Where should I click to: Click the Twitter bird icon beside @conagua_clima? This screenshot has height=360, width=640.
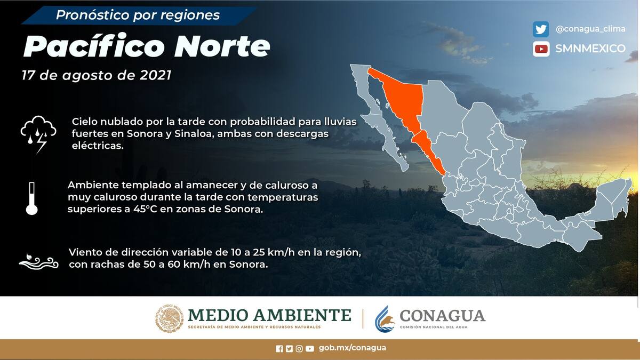(541, 29)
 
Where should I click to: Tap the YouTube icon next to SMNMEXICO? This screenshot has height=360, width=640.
(541, 49)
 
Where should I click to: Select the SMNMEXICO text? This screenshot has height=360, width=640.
(590, 49)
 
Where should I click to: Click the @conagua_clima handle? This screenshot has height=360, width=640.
(590, 29)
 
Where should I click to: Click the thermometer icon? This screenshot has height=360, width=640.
(31, 198)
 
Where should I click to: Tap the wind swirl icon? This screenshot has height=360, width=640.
(39, 261)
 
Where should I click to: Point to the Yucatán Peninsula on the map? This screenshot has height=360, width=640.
(611, 200)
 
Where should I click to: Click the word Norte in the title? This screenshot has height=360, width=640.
(222, 46)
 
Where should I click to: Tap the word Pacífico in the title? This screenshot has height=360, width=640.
(94, 46)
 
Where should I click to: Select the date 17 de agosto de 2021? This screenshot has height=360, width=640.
(97, 75)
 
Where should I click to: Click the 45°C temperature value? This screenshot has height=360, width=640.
(145, 209)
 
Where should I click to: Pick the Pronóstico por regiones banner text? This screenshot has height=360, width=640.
(138, 15)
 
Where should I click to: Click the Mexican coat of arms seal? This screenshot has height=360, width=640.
(169, 318)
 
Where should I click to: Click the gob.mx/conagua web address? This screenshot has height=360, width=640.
(353, 348)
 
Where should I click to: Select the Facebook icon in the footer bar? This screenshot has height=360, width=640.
(279, 349)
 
